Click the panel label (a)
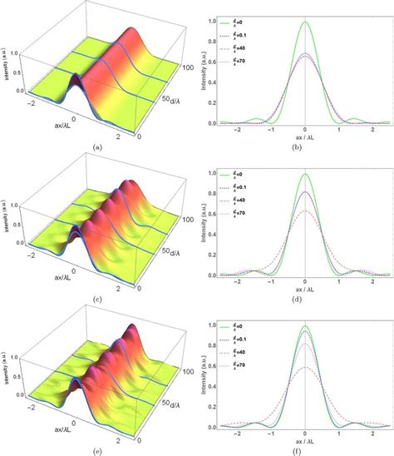pyautogui.click(x=98, y=146)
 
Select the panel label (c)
pyautogui.click(x=98, y=297)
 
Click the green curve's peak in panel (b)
pyautogui.click(x=306, y=22)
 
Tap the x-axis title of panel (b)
pyautogui.click(x=306, y=137)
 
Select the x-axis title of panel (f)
pyautogui.click(x=306, y=439)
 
